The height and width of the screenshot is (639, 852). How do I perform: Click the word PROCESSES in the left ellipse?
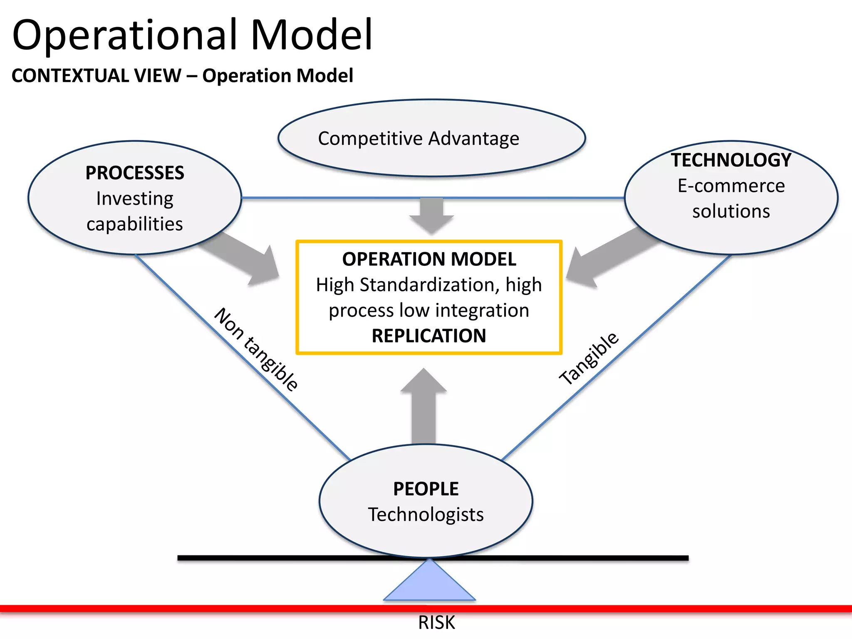pyautogui.click(x=134, y=173)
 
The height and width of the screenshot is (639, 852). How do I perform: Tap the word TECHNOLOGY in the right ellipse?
pyautogui.click(x=731, y=160)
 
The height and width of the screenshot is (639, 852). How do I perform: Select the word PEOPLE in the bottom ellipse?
pyautogui.click(x=426, y=489)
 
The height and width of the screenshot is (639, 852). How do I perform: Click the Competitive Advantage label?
pyautogui.click(x=419, y=139)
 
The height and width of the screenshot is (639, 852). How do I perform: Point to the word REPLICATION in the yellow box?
pyautogui.click(x=428, y=336)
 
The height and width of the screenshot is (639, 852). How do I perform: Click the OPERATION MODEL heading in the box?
pyautogui.click(x=429, y=259)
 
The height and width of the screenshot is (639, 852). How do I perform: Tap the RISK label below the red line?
pyautogui.click(x=436, y=623)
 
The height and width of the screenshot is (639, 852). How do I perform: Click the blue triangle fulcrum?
pyautogui.click(x=429, y=585)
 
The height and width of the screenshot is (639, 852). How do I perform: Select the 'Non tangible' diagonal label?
pyautogui.click(x=256, y=349)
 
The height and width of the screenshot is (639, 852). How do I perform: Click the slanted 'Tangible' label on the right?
pyautogui.click(x=589, y=359)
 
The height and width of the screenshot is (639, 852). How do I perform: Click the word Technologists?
pyautogui.click(x=426, y=515)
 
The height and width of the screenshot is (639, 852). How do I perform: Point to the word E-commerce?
pyautogui.click(x=731, y=186)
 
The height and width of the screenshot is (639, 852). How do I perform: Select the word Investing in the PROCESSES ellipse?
pyautogui.click(x=134, y=198)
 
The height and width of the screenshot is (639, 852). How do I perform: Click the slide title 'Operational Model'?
pyautogui.click(x=192, y=35)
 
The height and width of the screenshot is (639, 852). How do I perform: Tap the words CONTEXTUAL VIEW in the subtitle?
pyautogui.click(x=97, y=76)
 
